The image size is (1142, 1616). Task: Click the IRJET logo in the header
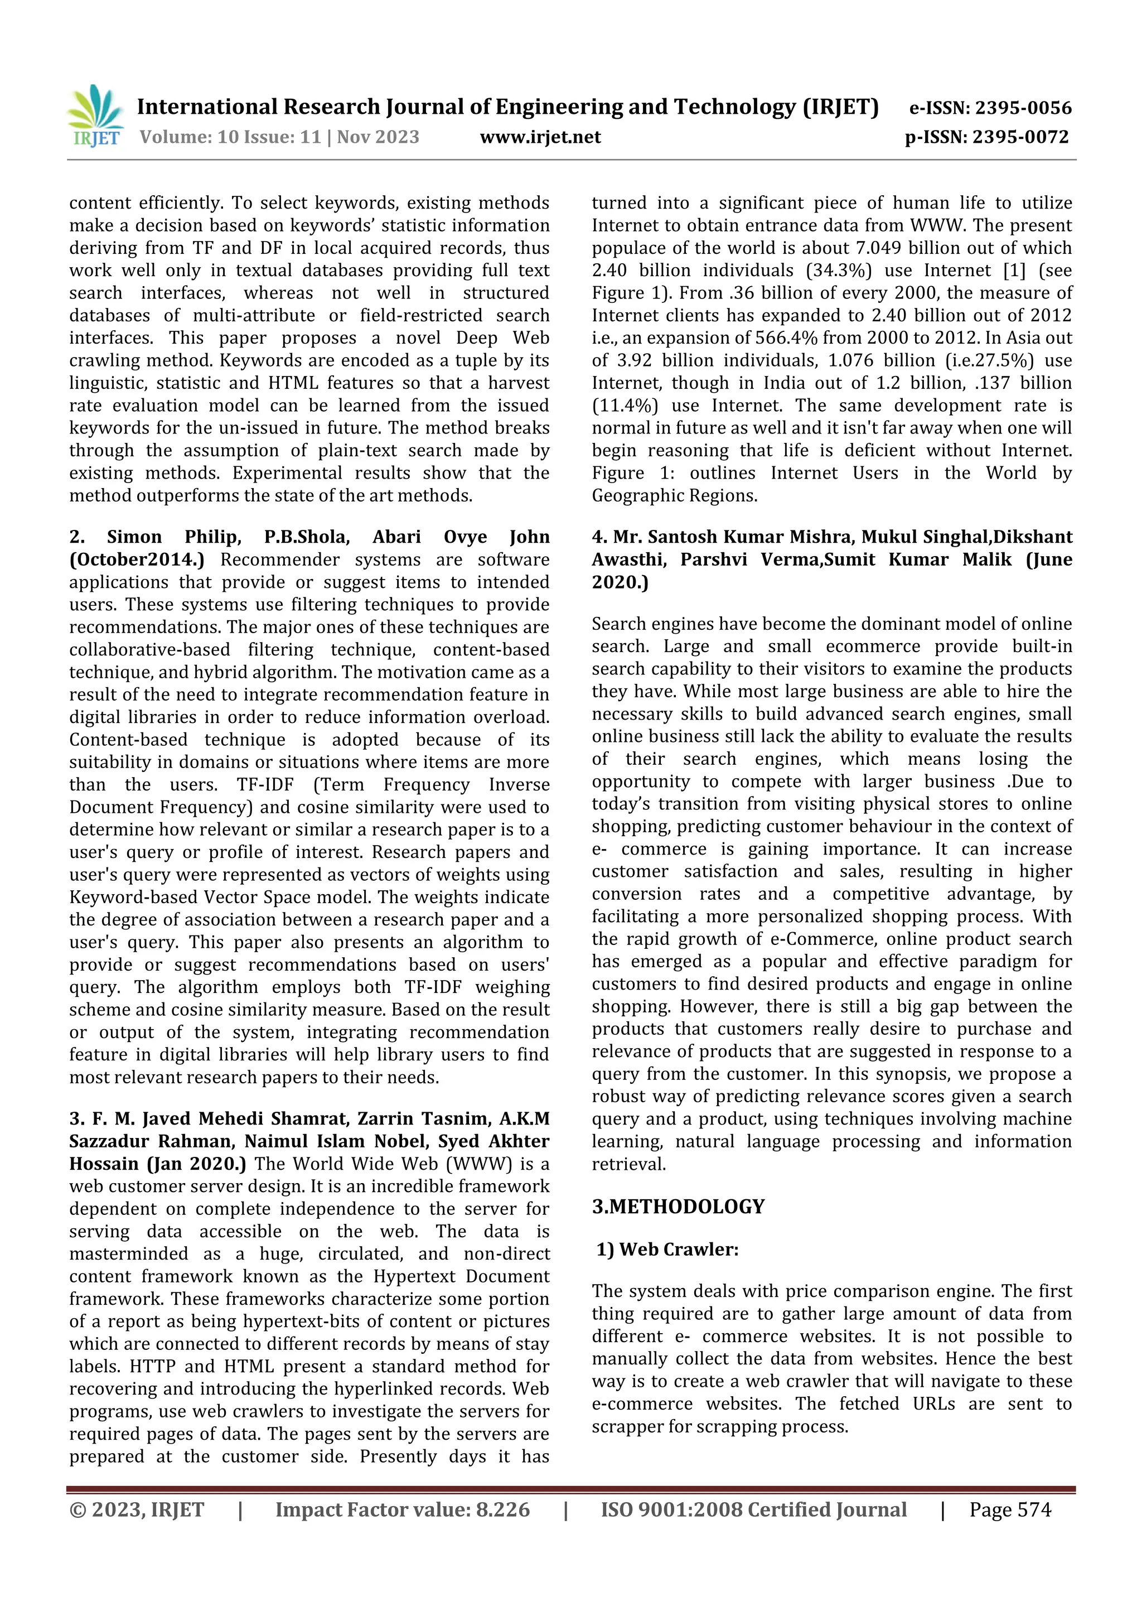pyautogui.click(x=95, y=117)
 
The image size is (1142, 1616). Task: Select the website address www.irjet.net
pyautogui.click(x=540, y=137)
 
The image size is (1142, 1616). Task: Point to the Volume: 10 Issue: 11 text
pyautogui.click(x=231, y=137)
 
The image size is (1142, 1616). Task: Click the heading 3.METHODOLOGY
pyautogui.click(x=678, y=1207)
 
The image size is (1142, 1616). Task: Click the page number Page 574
pyautogui.click(x=1010, y=1509)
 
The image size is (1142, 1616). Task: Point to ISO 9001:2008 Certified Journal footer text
pyautogui.click(x=753, y=1509)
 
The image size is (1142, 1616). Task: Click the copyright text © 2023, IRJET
pyautogui.click(x=137, y=1509)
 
